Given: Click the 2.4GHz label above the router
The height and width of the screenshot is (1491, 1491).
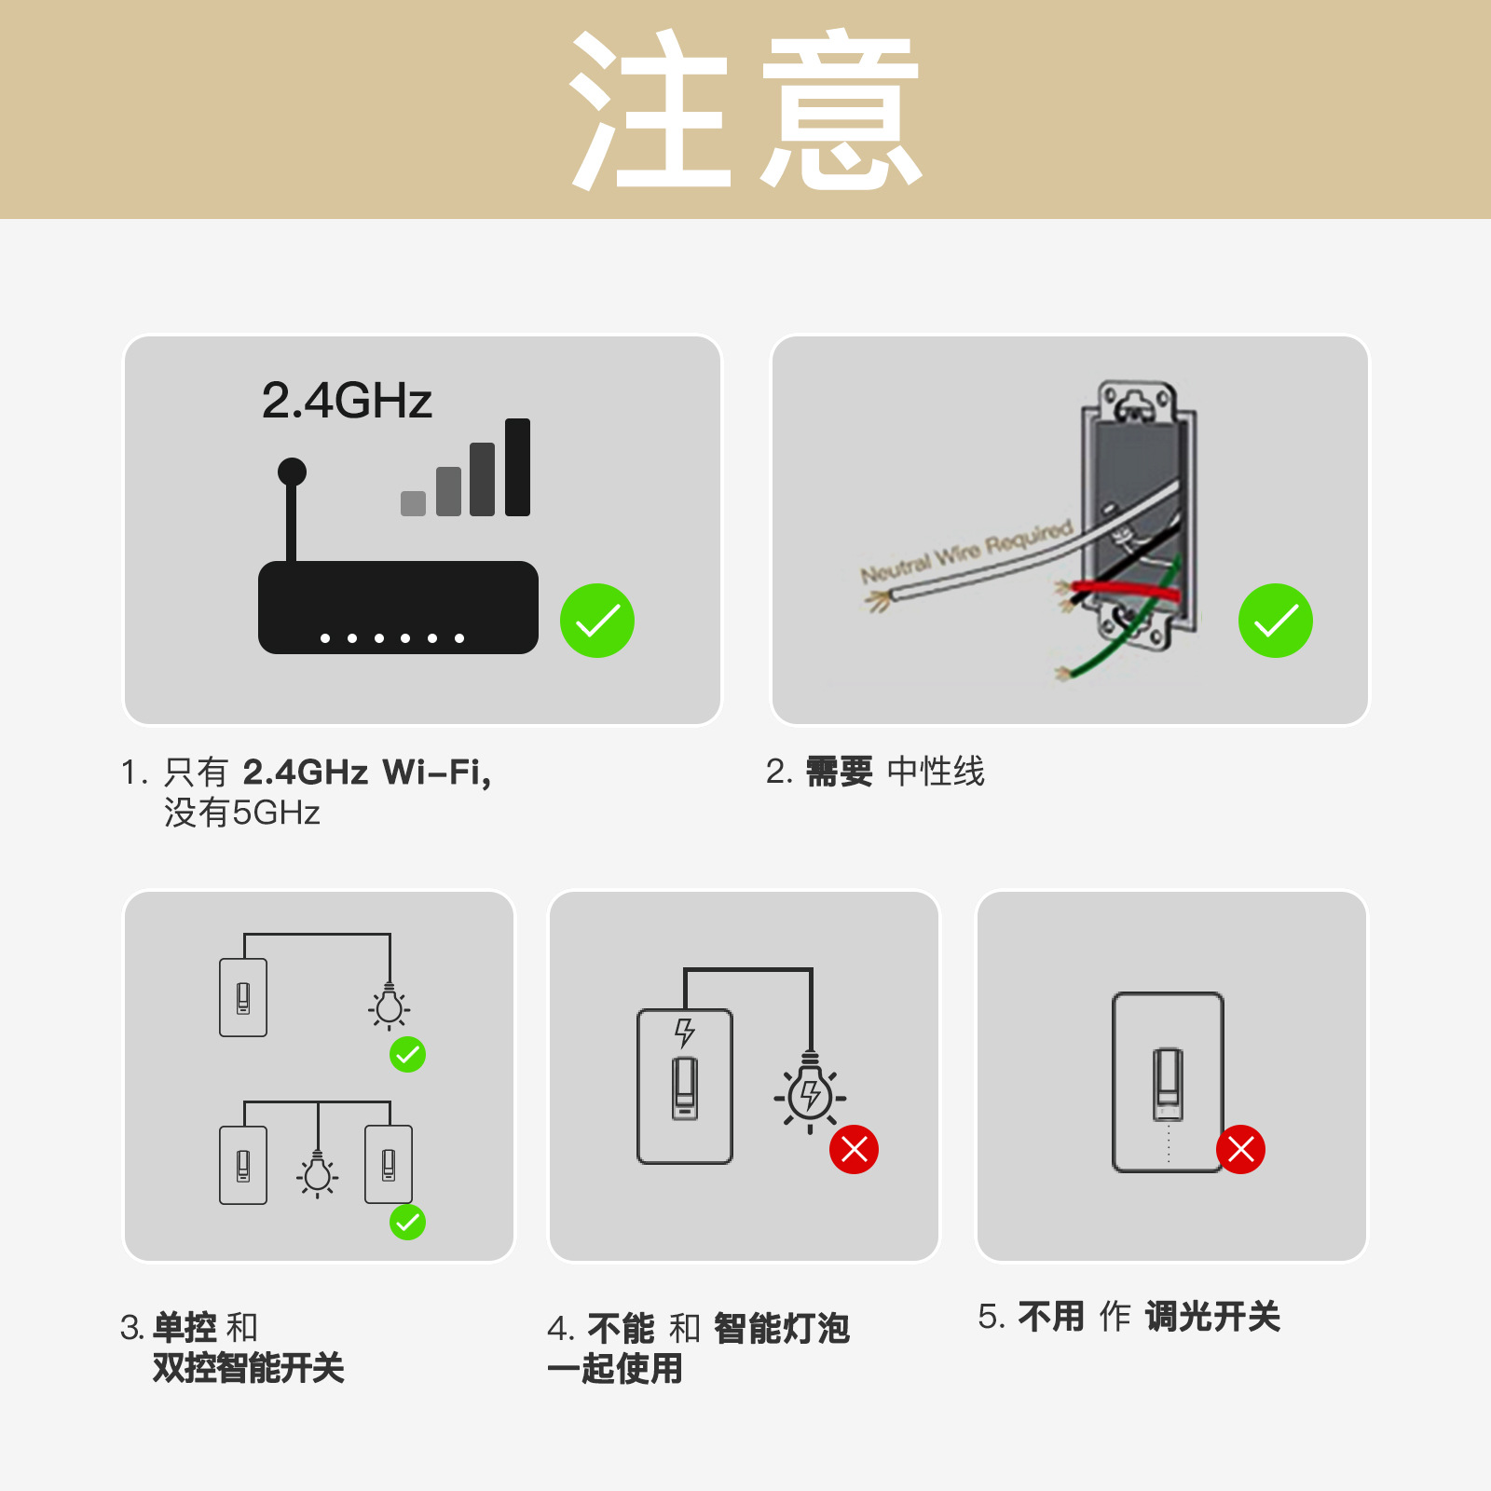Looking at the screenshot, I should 347,401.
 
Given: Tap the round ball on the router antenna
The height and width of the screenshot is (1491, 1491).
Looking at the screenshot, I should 292,472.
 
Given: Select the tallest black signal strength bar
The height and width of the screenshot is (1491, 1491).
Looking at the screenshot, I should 517,467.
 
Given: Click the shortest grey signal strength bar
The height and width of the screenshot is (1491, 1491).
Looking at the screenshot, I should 413,503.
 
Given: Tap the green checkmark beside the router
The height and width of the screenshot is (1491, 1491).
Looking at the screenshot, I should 597,621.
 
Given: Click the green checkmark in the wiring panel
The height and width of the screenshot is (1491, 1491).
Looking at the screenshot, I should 1275,621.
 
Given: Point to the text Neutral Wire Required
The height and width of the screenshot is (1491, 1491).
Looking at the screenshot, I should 965,551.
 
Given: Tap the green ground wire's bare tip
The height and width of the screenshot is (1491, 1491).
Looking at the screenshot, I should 1061,673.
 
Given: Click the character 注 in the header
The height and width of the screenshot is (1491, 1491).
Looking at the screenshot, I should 650,110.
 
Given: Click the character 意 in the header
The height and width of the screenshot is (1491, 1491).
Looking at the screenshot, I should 841,110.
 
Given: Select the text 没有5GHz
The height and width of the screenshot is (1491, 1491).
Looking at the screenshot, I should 242,813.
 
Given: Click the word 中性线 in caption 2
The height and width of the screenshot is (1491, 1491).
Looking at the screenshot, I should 936,772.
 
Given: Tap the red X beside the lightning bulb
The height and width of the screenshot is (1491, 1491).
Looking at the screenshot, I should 854,1149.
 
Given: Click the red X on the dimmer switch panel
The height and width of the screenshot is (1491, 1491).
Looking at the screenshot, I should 1240,1149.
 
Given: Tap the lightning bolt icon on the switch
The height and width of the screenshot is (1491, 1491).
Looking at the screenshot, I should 685,1032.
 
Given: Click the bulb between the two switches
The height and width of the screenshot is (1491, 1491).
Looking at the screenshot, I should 318,1174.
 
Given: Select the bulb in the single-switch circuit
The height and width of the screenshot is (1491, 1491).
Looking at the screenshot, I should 390,1006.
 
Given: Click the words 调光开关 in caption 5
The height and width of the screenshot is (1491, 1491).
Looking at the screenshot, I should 1212,1317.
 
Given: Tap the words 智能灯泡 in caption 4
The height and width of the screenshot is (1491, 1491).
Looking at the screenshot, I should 781,1329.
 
